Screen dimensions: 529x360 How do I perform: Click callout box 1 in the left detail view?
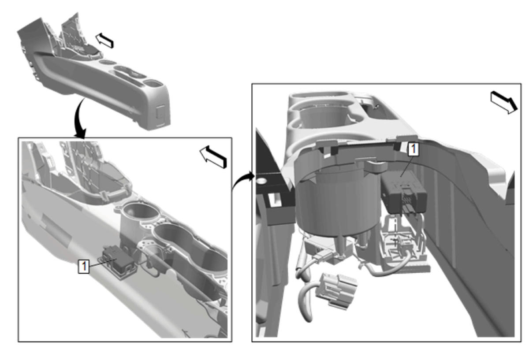(84, 266)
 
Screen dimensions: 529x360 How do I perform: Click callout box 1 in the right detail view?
(414, 149)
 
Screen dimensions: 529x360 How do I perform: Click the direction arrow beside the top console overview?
(104, 40)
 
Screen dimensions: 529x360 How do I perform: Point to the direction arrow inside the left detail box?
(213, 157)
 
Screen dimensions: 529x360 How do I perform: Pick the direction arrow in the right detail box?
(504, 103)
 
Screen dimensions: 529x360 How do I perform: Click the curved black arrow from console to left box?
(79, 118)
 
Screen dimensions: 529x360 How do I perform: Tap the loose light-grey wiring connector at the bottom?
(336, 291)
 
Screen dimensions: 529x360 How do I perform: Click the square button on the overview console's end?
(161, 111)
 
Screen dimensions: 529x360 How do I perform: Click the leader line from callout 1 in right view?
(407, 166)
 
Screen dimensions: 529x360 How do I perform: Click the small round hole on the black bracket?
(261, 181)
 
